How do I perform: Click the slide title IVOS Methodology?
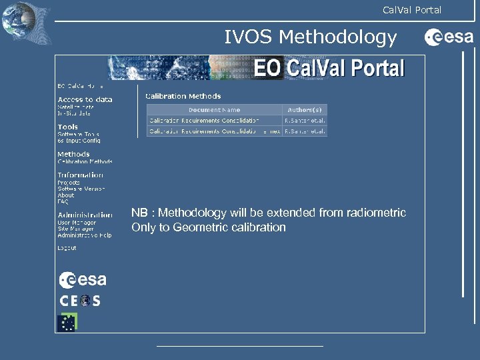pos(310,37)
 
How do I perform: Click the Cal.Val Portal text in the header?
pos(411,9)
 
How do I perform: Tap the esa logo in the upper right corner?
pos(449,38)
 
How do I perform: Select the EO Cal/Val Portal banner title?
pos(329,69)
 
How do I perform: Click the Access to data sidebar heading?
pos(85,99)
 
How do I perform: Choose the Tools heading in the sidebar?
pos(67,127)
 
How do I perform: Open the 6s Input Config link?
pos(79,141)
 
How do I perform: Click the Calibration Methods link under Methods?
pos(85,161)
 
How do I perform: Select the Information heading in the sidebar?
pos(80,175)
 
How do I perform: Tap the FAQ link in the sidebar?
pos(63,202)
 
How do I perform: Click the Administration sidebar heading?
pos(85,215)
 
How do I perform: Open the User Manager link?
pos(77,222)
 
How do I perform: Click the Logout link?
pos(67,248)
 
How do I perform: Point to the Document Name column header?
pos(214,109)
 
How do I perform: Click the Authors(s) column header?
pos(305,109)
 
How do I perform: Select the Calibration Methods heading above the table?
pos(183,96)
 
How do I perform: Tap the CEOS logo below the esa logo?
pos(80,301)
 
